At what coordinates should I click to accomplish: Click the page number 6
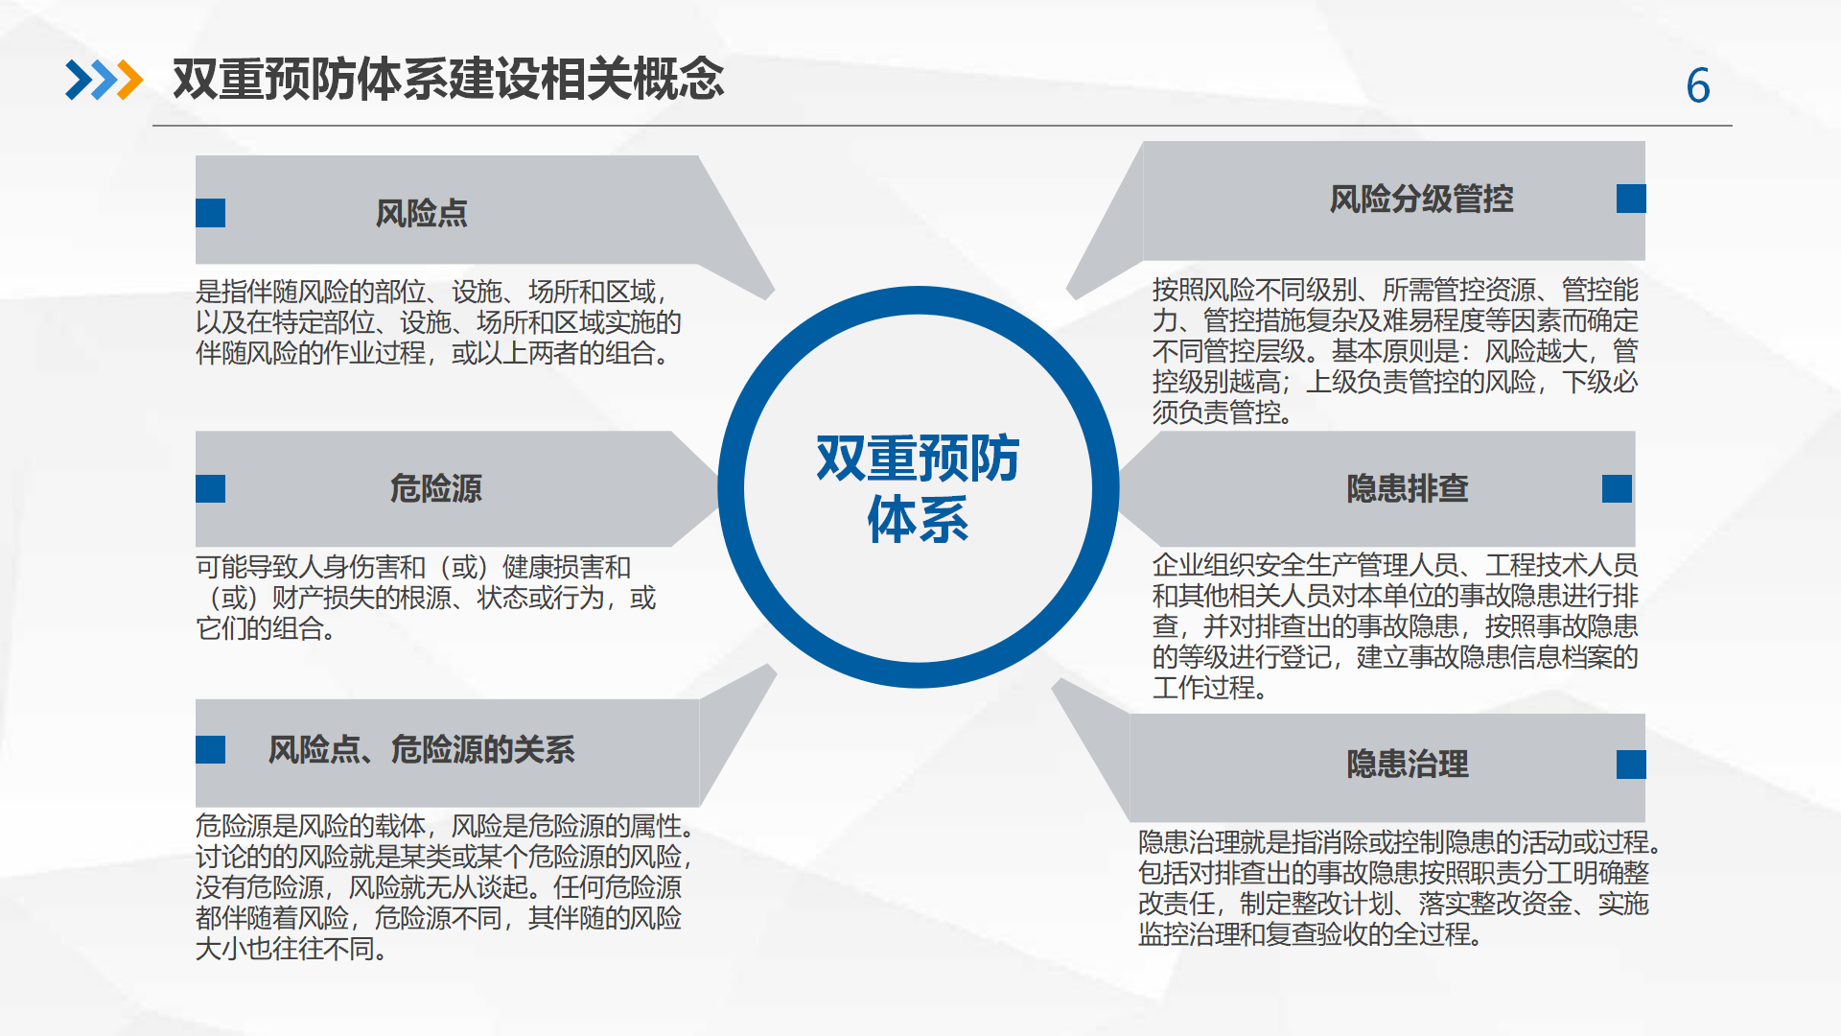coord(1698,85)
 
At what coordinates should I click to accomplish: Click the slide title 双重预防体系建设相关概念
coord(448,79)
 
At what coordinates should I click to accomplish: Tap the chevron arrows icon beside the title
coord(104,80)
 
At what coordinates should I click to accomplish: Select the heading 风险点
coord(421,213)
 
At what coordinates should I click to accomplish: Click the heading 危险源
coord(435,488)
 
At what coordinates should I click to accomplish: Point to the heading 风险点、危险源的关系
coord(421,749)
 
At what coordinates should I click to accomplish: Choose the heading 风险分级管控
coord(1421,199)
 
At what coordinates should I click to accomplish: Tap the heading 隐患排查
coord(1408,488)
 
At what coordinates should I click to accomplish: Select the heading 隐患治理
coord(1408,765)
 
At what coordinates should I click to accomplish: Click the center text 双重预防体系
coord(918,488)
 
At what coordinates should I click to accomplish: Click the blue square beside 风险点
coord(210,213)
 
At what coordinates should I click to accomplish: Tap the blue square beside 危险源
coord(210,488)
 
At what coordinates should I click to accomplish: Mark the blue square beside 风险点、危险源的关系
coord(210,749)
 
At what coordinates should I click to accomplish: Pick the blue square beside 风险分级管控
coord(1631,199)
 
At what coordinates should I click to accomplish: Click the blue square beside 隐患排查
coord(1617,488)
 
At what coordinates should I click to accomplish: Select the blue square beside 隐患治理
coord(1631,765)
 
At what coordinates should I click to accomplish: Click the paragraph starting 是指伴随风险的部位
coord(438,322)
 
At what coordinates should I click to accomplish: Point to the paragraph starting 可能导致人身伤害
coord(427,598)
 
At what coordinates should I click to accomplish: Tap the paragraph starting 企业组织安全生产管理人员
coord(1395,626)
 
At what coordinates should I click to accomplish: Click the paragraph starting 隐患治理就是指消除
coord(1399,887)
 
